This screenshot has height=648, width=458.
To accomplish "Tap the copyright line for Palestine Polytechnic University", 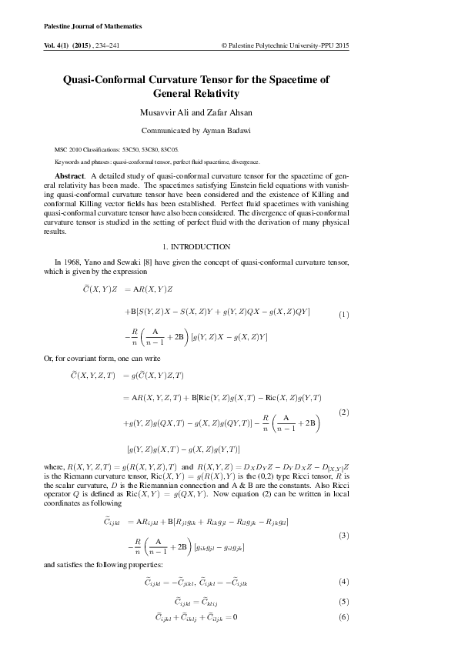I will (285, 46).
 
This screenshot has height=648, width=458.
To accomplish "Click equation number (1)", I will (344, 315).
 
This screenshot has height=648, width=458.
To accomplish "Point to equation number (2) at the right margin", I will (344, 413).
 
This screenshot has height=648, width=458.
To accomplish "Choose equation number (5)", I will (344, 601).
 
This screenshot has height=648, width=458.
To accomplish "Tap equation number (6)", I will (344, 617).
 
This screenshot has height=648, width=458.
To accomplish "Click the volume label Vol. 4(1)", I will (61, 46).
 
